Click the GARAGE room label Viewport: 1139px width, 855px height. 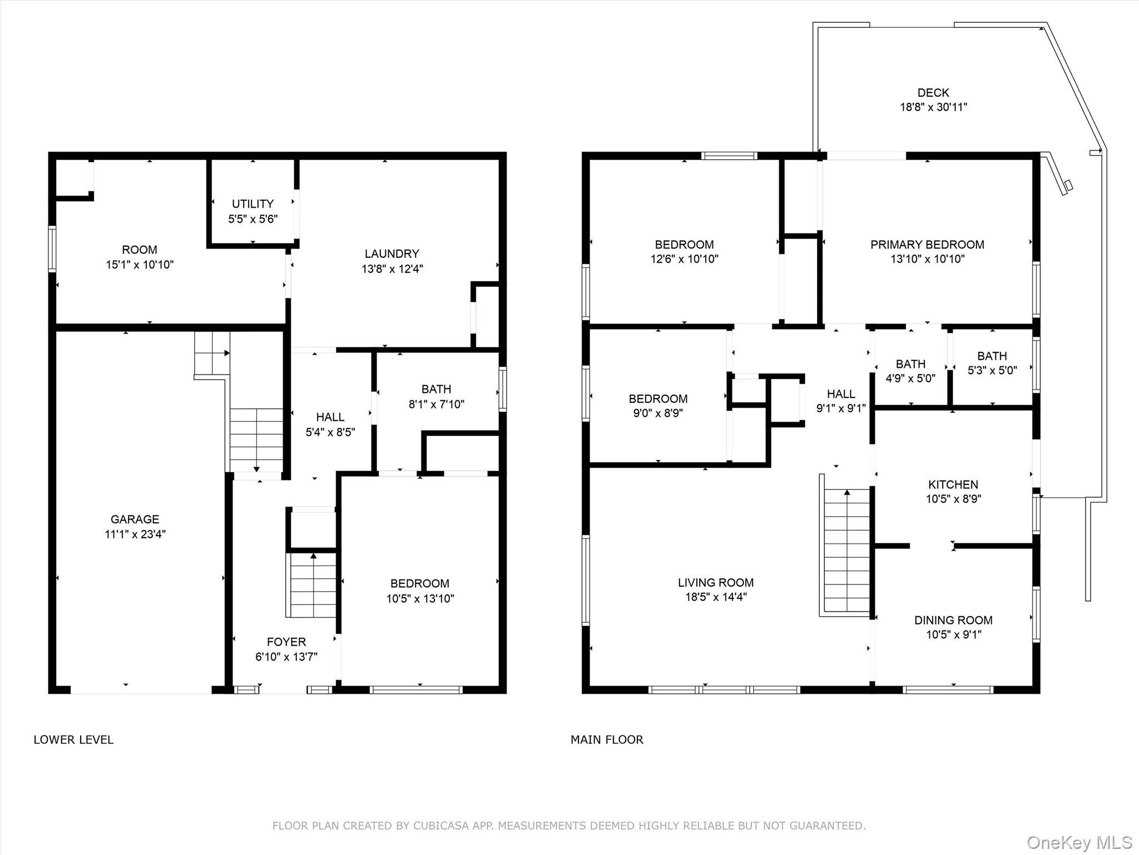point(135,519)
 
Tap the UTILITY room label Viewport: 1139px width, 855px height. point(252,204)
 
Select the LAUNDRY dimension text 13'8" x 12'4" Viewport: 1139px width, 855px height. point(392,269)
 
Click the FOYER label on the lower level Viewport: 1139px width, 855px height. point(286,642)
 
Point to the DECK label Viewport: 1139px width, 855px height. point(933,92)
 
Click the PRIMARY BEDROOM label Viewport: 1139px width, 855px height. point(927,244)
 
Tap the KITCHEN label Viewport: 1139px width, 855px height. point(953,484)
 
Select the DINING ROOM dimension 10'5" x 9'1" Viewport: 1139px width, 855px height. point(953,635)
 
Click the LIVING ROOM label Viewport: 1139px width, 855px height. point(715,583)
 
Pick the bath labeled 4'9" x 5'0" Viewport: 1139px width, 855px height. point(910,371)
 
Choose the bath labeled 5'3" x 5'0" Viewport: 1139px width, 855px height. point(992,363)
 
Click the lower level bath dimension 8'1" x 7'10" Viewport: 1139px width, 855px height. point(436,404)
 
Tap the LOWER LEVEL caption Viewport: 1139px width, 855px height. point(73,740)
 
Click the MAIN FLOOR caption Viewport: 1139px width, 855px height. point(607,740)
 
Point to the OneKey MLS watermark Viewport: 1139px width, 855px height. point(1079,843)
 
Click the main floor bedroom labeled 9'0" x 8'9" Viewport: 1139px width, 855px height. point(658,406)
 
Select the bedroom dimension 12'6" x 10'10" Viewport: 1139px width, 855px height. point(684,259)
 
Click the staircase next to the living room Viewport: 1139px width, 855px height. point(846,551)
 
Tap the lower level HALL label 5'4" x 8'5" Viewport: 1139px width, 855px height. point(330,424)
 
